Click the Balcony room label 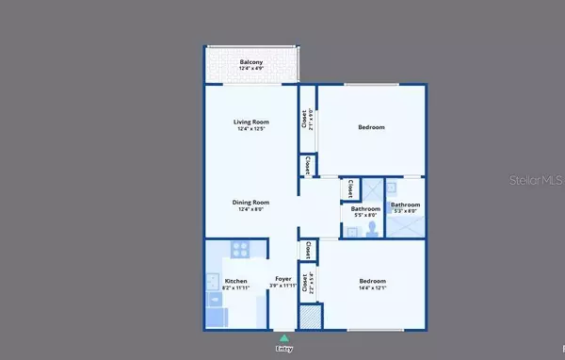251,62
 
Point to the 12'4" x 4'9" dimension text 251,69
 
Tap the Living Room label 251,122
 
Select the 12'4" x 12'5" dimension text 251,129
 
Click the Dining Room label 251,202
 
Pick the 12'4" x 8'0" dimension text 251,209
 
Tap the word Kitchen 234,279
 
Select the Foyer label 282,279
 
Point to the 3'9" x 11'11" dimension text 282,286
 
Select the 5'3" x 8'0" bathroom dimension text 406,212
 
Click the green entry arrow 283,336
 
